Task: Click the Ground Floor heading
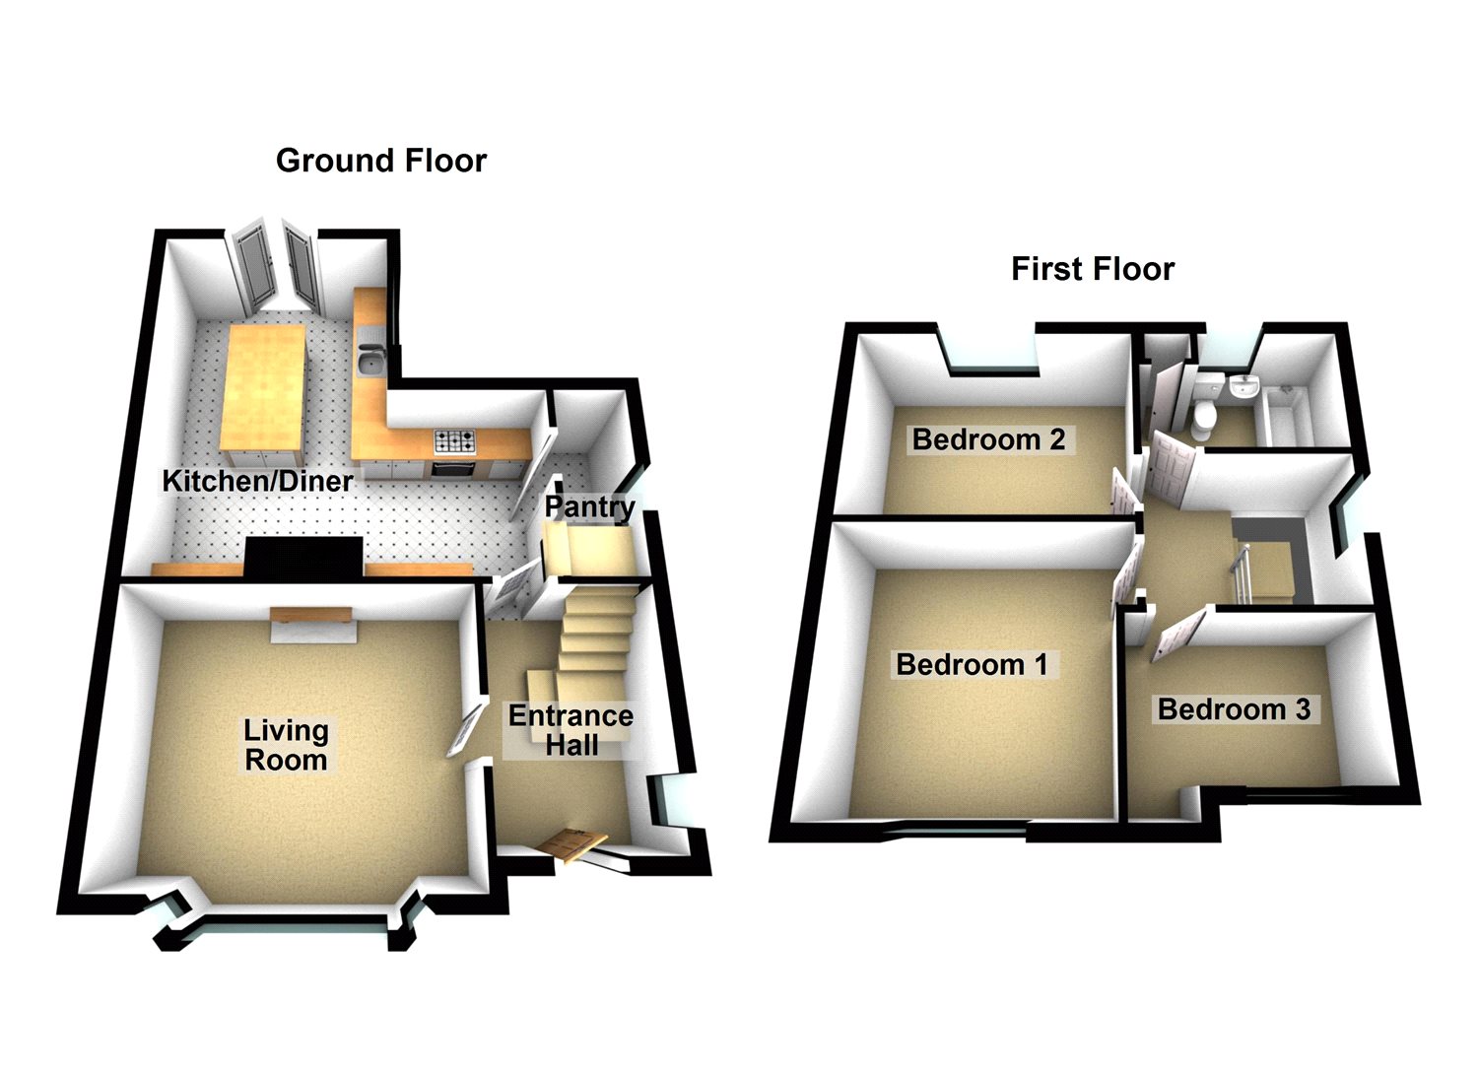click(x=380, y=161)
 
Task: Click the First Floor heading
click(x=1092, y=269)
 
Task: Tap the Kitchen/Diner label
click(x=257, y=481)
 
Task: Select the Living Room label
click(x=286, y=745)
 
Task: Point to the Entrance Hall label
click(x=571, y=730)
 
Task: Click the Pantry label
click(x=589, y=507)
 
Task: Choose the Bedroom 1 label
click(x=971, y=665)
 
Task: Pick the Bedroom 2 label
click(x=988, y=439)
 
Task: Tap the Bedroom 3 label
click(x=1234, y=709)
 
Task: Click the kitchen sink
click(x=371, y=363)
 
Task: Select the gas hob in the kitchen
click(x=454, y=440)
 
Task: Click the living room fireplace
click(x=312, y=623)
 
